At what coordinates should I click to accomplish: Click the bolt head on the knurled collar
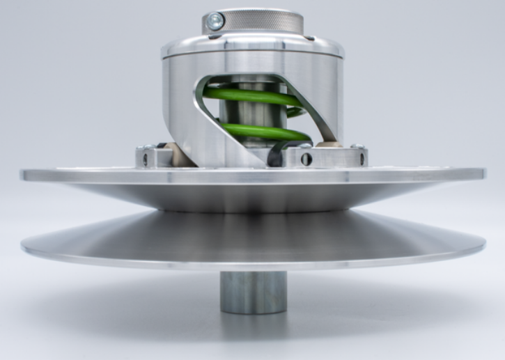[216, 22]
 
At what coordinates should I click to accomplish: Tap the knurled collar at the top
[265, 21]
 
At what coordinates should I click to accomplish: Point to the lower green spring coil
[265, 131]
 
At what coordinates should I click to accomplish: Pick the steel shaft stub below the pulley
[254, 292]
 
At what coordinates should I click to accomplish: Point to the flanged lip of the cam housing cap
[252, 50]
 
